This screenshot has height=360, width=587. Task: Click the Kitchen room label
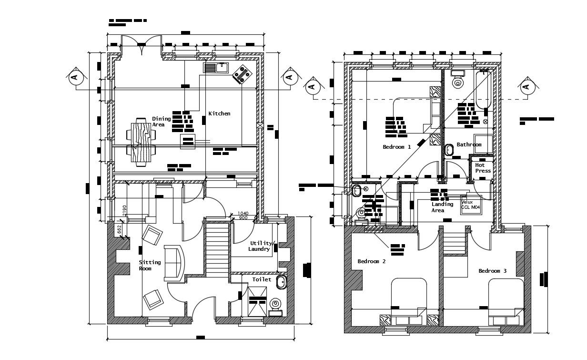pos(219,113)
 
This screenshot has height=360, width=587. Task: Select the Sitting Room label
pos(150,266)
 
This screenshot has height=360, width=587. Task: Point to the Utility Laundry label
pos(260,246)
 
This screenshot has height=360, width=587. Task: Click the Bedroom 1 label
pos(396,147)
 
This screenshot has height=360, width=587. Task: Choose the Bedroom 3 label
pos(493,271)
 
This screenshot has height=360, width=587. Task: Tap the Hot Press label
pos(483,168)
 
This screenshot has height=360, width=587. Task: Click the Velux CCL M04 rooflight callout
pos(471,205)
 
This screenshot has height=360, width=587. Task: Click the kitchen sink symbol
pos(216,68)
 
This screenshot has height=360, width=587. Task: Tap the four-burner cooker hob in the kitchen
pos(243,75)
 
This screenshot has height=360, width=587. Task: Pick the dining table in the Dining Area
pos(141,142)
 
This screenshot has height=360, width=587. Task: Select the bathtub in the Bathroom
pos(483,90)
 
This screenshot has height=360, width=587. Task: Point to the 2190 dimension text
pos(125,210)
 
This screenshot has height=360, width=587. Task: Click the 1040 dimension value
pos(243,213)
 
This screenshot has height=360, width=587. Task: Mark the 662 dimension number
pos(120,230)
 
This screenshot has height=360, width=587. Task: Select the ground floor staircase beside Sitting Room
pos(217,249)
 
